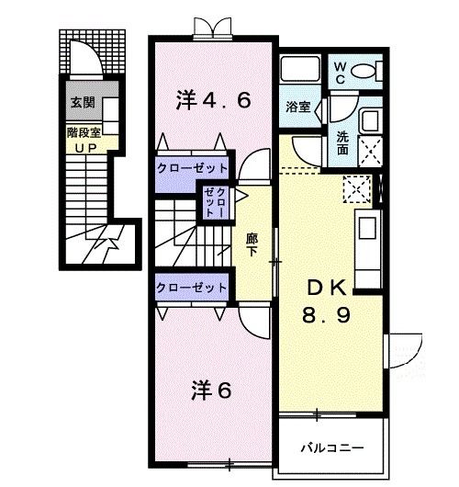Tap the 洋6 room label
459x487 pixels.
coord(211,390)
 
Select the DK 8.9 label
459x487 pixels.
coord(328,302)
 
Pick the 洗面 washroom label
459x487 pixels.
coord(341,142)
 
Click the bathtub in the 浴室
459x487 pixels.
coord(300,71)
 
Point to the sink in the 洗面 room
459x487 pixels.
coord(370,119)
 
